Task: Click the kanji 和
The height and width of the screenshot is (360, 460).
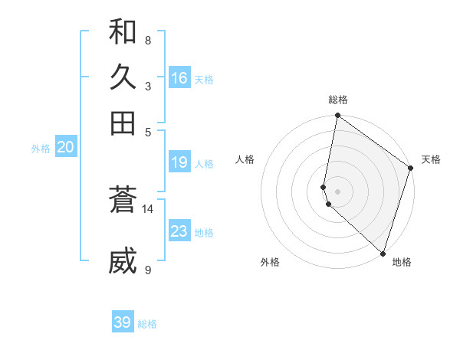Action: pos(123,32)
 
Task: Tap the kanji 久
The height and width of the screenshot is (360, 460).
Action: pos(123,77)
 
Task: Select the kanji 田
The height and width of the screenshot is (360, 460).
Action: pos(123,123)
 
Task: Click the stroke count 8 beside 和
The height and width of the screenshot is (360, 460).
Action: pos(147,40)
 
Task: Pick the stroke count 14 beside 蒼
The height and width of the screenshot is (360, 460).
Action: pos(148,208)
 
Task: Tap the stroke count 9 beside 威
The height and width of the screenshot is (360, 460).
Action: pos(147,270)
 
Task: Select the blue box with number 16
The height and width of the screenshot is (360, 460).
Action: pos(179,78)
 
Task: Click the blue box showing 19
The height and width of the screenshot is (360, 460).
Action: pos(179,162)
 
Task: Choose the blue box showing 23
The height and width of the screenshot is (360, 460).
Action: pos(179,231)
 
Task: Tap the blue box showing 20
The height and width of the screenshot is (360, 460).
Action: pos(65,148)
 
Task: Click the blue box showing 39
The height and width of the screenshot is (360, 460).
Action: pos(122,322)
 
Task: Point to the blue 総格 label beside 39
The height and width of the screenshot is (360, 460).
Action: pos(148,324)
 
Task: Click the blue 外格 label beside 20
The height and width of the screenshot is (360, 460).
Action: pos(41,149)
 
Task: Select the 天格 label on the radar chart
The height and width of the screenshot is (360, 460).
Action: pos(431,159)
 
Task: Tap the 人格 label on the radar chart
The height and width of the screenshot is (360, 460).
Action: pos(245,159)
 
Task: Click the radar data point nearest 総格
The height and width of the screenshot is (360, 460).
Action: pos(337,116)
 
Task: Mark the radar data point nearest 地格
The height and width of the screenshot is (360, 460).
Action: pos(383,253)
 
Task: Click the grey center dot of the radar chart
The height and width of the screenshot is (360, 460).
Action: pos(337,191)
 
